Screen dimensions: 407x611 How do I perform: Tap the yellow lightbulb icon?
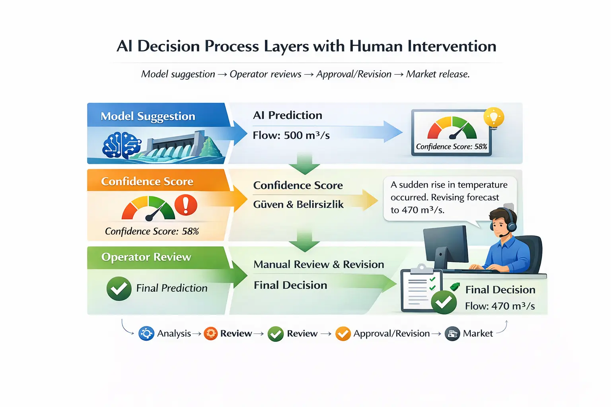494,118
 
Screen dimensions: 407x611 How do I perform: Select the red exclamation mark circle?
185,205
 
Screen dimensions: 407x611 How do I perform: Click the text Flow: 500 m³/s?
291,136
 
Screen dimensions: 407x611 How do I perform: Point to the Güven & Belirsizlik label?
298,205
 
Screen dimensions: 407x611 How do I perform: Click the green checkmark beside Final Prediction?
119,289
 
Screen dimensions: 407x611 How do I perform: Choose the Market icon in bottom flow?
452,334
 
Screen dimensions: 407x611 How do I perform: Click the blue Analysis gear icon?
146,333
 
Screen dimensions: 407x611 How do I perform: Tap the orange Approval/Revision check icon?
343,334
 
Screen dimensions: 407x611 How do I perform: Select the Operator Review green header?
146,257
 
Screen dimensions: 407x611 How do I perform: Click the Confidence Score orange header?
147,182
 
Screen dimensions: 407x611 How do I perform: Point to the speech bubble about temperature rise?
449,198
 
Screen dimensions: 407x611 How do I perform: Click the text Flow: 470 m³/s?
500,306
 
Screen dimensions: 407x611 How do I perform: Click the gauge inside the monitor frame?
451,128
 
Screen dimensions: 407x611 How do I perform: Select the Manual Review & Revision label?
319,265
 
